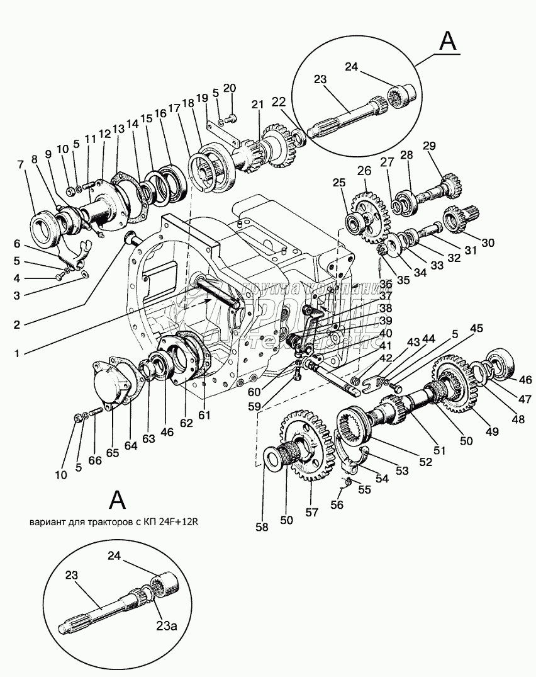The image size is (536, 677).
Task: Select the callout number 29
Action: click(x=429, y=147)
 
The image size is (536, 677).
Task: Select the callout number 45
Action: click(x=477, y=328)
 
